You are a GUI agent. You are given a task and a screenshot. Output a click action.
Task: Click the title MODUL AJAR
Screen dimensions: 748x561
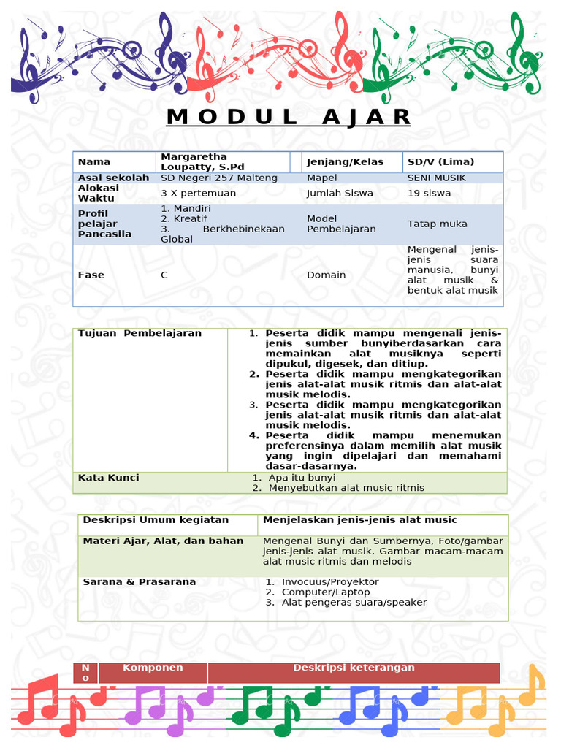(289, 117)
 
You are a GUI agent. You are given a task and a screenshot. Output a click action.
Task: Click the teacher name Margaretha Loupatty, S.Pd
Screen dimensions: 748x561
(194, 161)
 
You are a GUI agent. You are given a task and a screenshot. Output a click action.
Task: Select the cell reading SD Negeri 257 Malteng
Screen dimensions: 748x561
(219, 178)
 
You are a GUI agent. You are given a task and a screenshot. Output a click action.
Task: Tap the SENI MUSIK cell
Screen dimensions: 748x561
(437, 178)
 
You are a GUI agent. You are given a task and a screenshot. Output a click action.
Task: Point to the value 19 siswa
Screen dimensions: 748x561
(429, 194)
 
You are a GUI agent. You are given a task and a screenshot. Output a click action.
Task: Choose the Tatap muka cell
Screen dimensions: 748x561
(437, 224)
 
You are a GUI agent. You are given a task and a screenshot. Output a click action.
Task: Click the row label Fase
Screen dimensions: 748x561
(91, 275)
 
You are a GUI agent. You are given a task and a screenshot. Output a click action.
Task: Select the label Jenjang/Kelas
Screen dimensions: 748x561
(345, 161)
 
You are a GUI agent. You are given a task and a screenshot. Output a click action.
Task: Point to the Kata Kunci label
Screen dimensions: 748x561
(108, 478)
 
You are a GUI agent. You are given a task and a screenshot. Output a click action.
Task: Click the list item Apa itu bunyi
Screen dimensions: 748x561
(302, 478)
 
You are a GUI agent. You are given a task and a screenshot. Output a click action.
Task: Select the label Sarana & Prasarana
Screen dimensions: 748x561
(140, 581)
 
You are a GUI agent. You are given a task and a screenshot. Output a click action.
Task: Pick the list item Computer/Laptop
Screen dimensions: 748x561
(326, 592)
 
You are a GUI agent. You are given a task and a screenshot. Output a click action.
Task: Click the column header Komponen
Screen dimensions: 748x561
(153, 668)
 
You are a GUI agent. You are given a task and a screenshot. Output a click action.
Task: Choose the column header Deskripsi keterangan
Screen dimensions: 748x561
(354, 668)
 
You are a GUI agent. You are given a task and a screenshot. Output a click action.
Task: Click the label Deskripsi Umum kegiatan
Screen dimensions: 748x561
(156, 519)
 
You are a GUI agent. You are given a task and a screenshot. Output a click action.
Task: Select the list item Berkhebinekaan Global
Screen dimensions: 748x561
(223, 234)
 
